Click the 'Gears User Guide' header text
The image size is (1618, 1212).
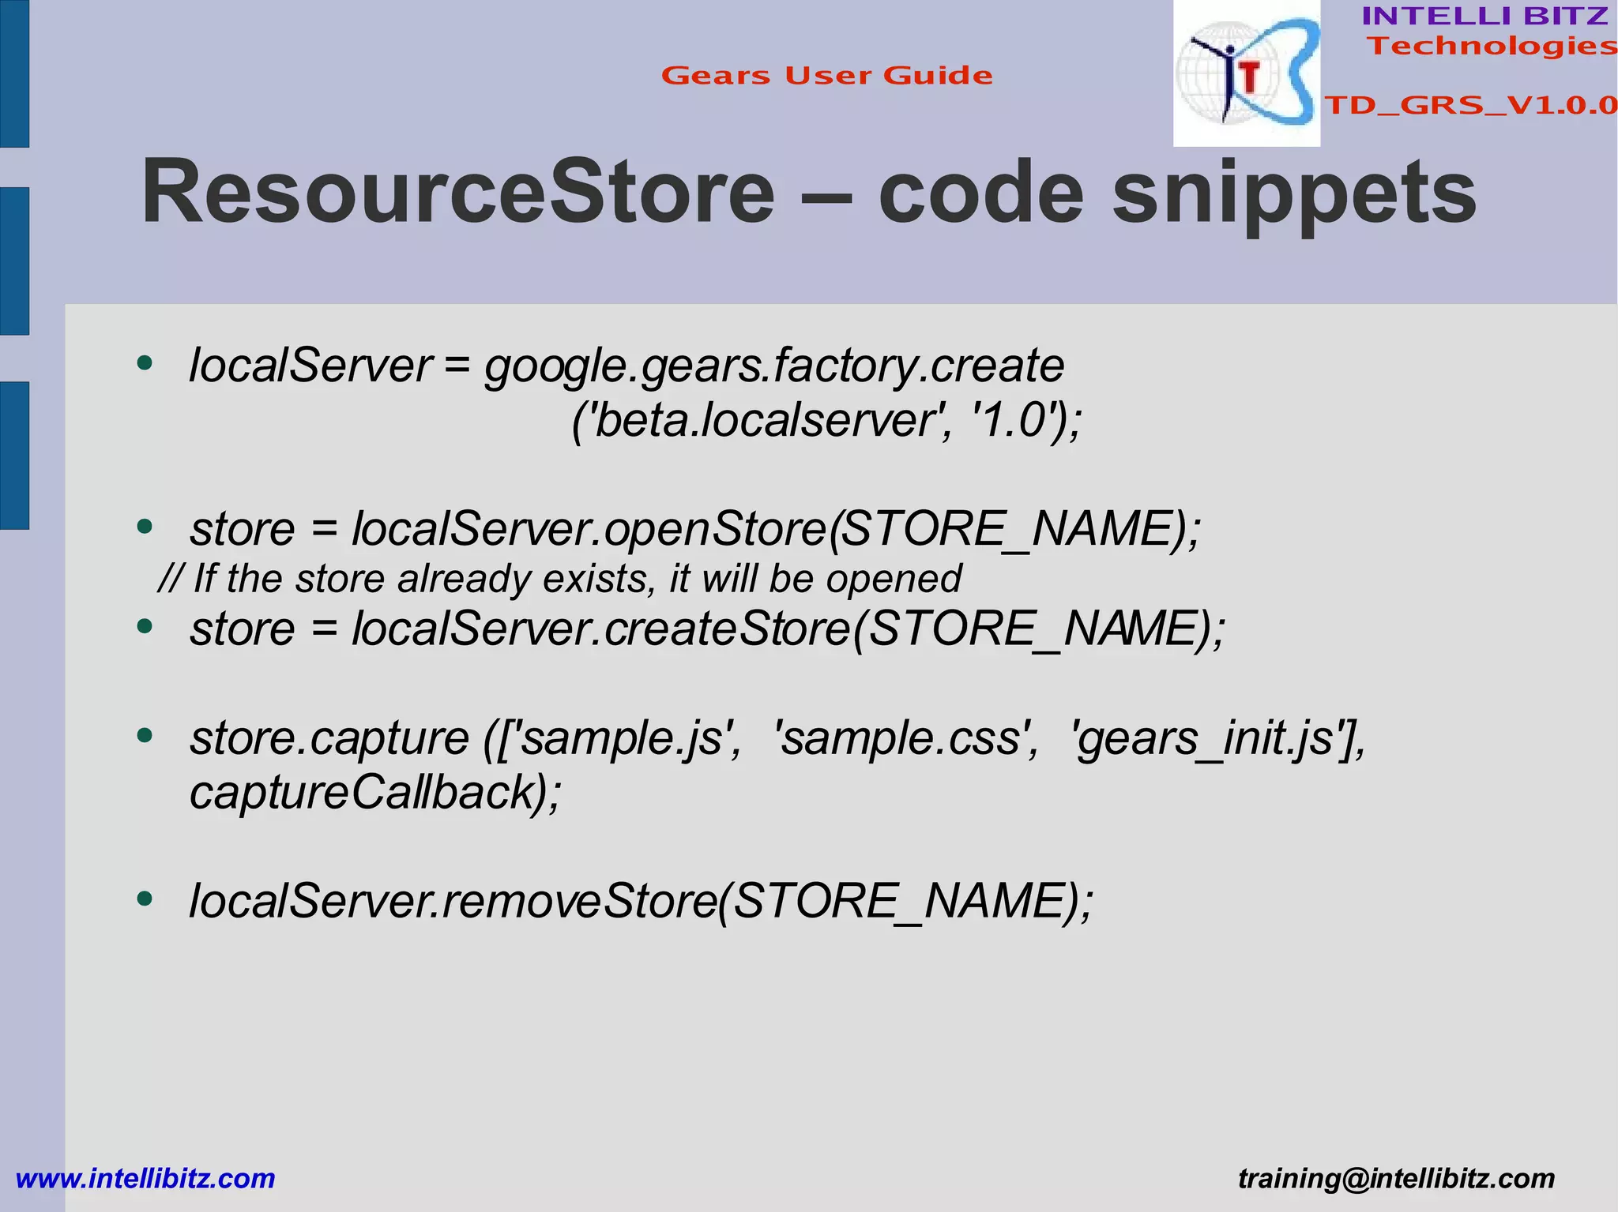coord(826,76)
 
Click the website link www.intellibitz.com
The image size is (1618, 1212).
coord(145,1178)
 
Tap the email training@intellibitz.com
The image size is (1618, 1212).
coord(1396,1178)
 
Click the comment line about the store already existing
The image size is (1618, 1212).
coord(559,579)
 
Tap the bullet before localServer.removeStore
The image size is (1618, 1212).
coord(144,899)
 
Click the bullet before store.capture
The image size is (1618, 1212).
coord(144,736)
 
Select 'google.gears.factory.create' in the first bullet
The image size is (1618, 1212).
coord(774,366)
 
